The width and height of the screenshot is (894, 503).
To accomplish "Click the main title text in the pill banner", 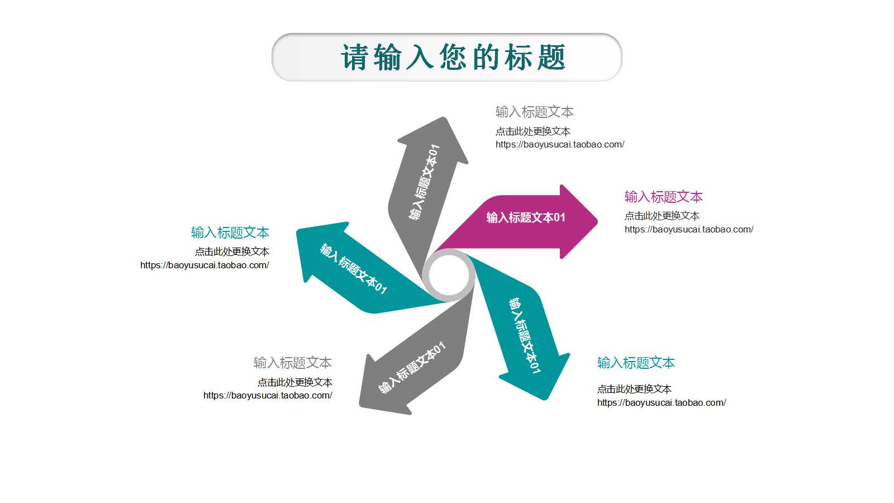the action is (453, 58).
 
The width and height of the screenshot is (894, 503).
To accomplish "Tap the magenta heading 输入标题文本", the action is (663, 197).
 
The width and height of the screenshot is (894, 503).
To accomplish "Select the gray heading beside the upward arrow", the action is (534, 112).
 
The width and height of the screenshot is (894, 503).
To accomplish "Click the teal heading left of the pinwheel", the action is (230, 232).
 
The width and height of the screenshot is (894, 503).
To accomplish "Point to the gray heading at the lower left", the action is (293, 363).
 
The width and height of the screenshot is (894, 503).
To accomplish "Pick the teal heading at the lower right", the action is (636, 363).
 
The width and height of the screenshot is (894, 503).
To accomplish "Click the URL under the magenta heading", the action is (689, 230).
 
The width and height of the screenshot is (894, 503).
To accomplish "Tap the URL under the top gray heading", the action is (560, 145).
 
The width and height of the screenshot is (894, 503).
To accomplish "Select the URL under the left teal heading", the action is (205, 265).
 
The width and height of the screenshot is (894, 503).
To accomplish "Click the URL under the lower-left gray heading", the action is (268, 395).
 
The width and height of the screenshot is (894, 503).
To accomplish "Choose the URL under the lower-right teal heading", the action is (662, 402).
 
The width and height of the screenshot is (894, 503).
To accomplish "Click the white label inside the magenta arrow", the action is (526, 217).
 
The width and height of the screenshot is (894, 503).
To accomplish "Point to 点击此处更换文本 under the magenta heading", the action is (662, 216).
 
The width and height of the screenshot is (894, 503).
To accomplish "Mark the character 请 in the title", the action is (354, 58).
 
